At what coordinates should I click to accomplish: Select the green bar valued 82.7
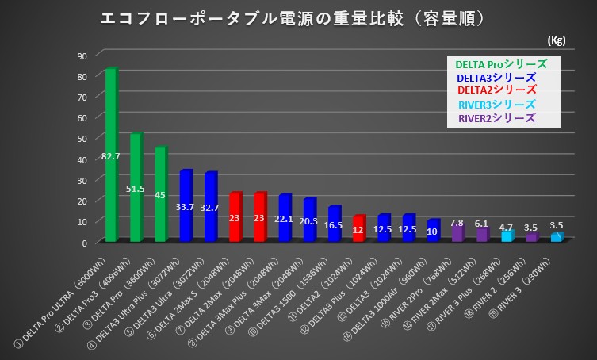pos(111,155)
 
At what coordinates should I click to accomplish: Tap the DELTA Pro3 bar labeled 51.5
pos(136,187)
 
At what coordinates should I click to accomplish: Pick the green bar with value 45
pos(160,194)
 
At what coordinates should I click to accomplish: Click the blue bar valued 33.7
pos(186,205)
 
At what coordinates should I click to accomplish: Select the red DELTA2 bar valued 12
pos(358,228)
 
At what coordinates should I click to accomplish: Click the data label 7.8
pos(457,223)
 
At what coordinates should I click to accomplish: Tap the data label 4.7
pos(506,227)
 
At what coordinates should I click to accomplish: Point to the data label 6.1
pos(481,224)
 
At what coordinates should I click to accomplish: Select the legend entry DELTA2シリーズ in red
pos(497,90)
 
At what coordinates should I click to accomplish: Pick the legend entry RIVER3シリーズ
pos(496,105)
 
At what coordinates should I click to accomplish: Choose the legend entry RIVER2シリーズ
pos(496,118)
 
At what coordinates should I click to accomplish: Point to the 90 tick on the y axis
pos(82,56)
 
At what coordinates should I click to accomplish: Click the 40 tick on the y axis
pos(82,159)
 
